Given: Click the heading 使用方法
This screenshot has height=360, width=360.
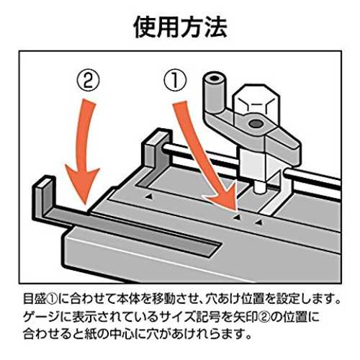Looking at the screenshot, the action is (x=180, y=27).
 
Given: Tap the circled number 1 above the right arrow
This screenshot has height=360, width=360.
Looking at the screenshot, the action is (x=175, y=81).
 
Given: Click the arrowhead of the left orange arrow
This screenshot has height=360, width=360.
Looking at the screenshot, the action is (x=82, y=185).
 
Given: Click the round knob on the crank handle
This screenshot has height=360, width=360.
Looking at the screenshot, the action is (x=215, y=92).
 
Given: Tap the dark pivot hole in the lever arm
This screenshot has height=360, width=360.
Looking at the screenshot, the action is (x=256, y=124).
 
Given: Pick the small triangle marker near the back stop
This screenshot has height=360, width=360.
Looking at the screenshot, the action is (x=149, y=197).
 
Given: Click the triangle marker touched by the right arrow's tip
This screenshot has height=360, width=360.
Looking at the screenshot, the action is (x=237, y=217).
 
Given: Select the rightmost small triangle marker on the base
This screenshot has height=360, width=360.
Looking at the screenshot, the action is (x=258, y=222).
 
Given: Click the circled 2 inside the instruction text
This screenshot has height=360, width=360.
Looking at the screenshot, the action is (x=265, y=317).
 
